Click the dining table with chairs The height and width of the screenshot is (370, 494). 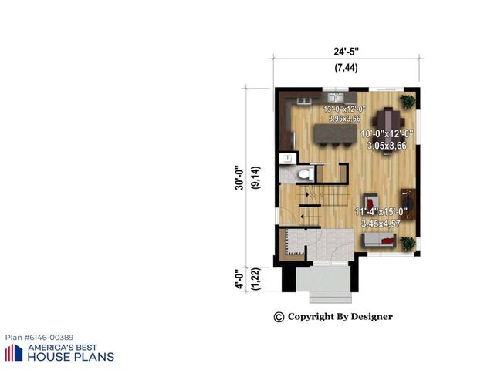(x=387, y=120)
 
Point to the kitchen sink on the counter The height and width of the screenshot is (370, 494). (x=337, y=99)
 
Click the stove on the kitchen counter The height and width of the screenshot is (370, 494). (x=303, y=100)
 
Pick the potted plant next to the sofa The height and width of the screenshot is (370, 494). (x=407, y=243)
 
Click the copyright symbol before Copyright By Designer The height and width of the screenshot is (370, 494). (x=279, y=317)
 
